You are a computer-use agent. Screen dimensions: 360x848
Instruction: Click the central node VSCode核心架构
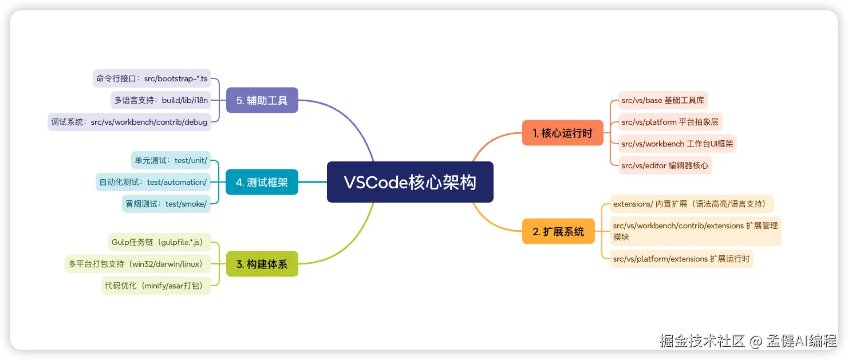tap(410, 182)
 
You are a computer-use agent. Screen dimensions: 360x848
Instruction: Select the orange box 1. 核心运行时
tap(562, 133)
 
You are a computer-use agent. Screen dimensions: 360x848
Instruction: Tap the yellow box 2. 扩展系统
tap(558, 231)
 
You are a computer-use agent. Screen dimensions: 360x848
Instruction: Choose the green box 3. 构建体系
tap(262, 264)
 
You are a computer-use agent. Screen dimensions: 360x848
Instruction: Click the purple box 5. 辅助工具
tap(262, 100)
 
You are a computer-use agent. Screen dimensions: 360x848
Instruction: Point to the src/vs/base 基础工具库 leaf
tap(663, 101)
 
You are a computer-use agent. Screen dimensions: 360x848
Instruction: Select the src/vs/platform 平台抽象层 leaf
tap(669, 122)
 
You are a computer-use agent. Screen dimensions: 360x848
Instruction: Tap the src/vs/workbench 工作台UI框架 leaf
tap(677, 144)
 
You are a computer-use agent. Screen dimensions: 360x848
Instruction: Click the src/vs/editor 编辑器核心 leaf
tap(665, 165)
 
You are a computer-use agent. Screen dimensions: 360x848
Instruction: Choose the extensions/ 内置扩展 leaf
tap(693, 204)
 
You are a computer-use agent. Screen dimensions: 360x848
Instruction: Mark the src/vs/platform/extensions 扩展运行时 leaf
tap(681, 259)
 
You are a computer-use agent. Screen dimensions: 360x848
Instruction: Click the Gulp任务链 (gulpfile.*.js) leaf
tap(157, 242)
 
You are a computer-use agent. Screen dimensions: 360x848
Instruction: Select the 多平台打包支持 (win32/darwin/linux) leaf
tap(137, 264)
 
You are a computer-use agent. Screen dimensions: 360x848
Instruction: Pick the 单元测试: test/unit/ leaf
tap(170, 160)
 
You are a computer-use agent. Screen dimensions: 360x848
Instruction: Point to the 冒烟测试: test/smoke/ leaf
tap(166, 203)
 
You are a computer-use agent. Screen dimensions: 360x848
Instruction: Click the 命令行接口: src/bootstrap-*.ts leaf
tap(152, 78)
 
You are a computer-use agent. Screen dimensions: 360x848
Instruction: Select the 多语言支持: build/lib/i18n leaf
tap(161, 100)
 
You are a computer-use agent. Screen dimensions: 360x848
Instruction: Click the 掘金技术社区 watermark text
tap(702, 341)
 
